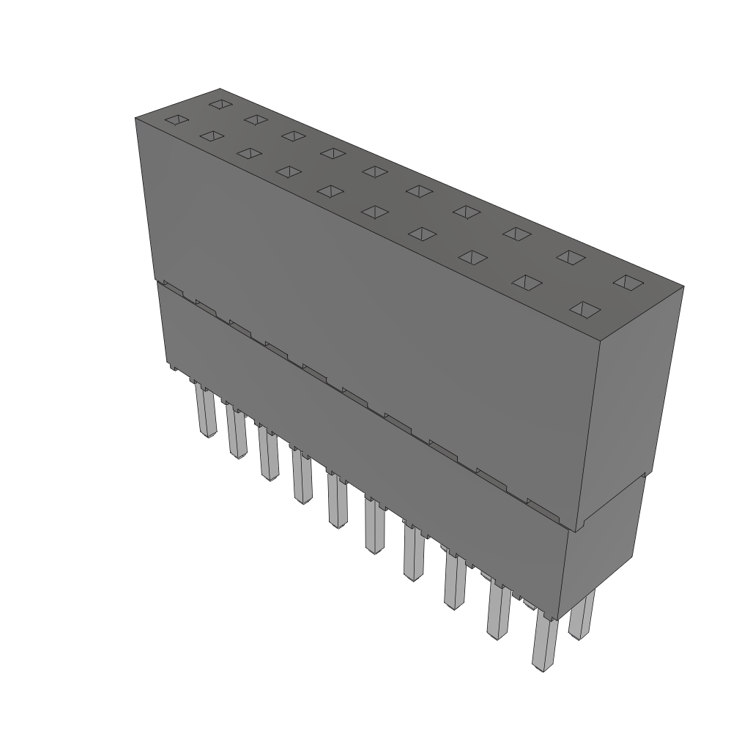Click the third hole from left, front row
click(x=288, y=171)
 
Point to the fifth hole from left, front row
click(x=374, y=212)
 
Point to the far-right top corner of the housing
click(x=683, y=286)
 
